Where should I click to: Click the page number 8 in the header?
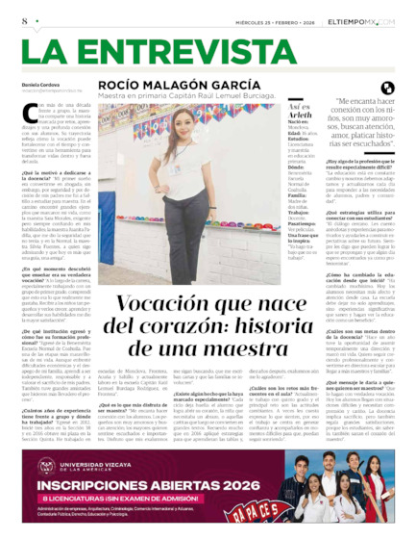[23, 19]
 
